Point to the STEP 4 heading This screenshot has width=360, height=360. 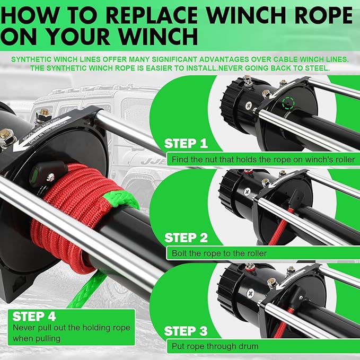pyautogui.click(x=34, y=317)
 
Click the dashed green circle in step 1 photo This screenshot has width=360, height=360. pyautogui.click(x=288, y=102)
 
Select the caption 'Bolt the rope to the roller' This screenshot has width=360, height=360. pyautogui.click(x=219, y=253)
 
